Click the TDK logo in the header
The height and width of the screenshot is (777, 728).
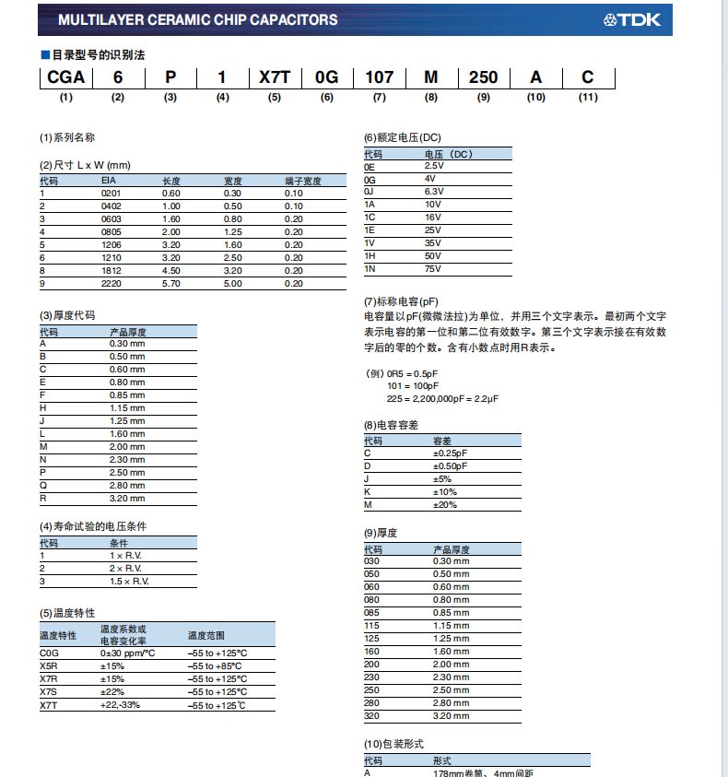[x=632, y=19]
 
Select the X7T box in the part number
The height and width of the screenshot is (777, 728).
[x=275, y=77]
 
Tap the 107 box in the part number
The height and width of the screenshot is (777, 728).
[x=380, y=77]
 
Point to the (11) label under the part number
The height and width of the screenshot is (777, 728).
[x=588, y=97]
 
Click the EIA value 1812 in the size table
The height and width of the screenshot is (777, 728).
[x=110, y=271]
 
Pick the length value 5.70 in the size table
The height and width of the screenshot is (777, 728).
[x=171, y=284]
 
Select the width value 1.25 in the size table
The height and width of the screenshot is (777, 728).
[x=232, y=232]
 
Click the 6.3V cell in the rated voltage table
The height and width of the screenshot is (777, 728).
[x=434, y=192]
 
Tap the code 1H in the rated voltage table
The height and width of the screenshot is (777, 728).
[x=370, y=255]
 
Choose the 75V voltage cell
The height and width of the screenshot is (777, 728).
[x=433, y=268]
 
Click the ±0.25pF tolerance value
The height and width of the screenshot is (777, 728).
[x=452, y=453]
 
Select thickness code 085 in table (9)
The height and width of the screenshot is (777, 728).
[x=372, y=613]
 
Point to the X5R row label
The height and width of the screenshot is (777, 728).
[x=50, y=665]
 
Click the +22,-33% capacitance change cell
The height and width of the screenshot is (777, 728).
[x=120, y=705]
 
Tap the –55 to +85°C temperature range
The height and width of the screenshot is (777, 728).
[x=215, y=665]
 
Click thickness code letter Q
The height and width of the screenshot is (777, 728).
[x=42, y=485]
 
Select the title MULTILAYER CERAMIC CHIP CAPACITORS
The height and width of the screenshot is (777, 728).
[x=197, y=19]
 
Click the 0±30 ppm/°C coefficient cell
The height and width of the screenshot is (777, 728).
[x=127, y=653]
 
